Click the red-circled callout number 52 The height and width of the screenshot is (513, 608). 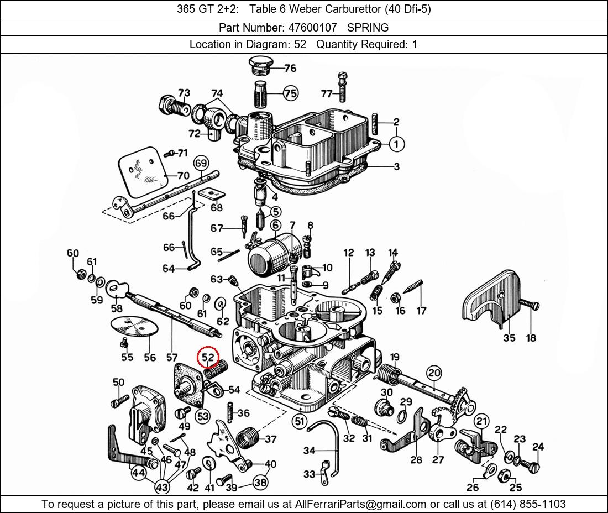[x=208, y=358]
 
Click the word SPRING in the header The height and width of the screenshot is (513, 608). [x=368, y=27]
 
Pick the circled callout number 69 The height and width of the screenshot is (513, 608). [x=201, y=163]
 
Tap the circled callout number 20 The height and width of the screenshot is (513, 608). [x=434, y=373]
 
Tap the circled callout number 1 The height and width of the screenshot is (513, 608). [x=396, y=144]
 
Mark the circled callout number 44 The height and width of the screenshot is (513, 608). [x=139, y=473]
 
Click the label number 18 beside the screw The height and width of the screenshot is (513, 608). [x=531, y=337]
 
